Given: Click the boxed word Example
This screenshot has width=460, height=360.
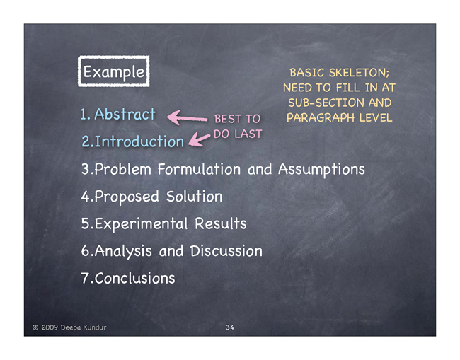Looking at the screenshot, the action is coord(114,72).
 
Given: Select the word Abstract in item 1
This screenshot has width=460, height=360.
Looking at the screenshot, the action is coord(125,114).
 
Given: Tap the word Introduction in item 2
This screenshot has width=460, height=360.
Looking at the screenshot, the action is coord(139,141).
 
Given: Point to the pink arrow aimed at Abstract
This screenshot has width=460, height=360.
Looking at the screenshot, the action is coord(187,117).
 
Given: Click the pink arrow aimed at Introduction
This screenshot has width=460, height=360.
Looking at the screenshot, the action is coord(199,139).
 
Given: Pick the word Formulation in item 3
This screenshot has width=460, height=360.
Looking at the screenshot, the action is coord(199,169).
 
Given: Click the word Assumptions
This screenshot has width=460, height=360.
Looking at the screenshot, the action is coord(321,170).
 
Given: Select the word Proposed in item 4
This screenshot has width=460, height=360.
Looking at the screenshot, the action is coord(127,197).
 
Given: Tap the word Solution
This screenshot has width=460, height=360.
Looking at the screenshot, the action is coord(194,196).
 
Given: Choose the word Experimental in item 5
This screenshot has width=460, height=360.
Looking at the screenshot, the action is coord(141,224).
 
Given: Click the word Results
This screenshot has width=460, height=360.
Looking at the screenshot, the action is coord(221,223).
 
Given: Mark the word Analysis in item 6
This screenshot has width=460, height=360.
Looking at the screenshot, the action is coord(123,251).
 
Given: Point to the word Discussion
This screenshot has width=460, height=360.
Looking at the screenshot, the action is coord(226,251).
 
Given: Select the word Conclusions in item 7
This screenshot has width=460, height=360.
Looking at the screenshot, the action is coord(134,278).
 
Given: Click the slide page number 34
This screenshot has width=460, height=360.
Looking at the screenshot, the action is coord(230,327).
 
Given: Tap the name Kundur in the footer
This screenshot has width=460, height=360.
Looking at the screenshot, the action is coord(94,327).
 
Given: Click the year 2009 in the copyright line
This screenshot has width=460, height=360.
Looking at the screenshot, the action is coord(50,327).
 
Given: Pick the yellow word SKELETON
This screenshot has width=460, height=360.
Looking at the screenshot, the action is coord(359,73).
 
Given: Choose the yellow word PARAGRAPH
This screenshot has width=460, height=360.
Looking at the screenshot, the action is coord(321,118).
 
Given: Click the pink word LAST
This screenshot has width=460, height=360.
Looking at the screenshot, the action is coord(248,134).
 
